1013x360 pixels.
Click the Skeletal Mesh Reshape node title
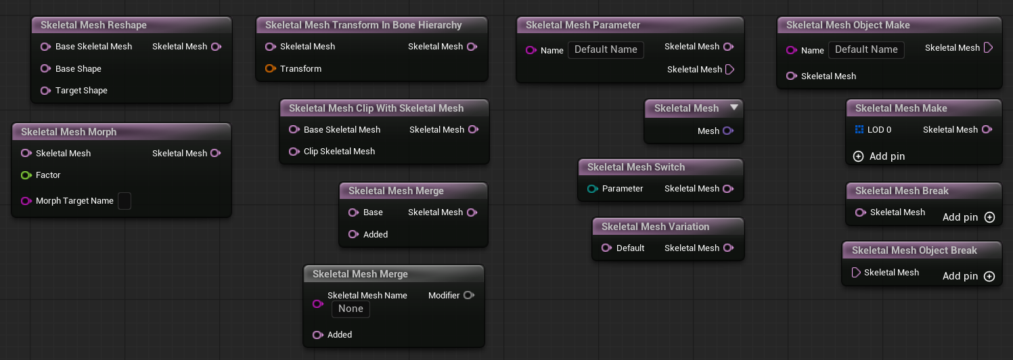[x=93, y=25]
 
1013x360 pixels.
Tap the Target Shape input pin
[x=45, y=91]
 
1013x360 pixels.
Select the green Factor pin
[x=26, y=175]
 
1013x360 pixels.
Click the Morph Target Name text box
[x=125, y=201]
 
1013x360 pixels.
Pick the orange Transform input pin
[x=271, y=69]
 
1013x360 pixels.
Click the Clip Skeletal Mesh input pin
[x=294, y=152]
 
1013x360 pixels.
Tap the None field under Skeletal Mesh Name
[x=351, y=309]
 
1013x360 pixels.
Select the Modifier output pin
[x=469, y=295]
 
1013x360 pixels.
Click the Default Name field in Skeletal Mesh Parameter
[x=606, y=50]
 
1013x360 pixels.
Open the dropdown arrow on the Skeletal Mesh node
[x=734, y=107]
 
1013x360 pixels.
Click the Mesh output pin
[x=728, y=131]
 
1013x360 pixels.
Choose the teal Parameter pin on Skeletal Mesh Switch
[x=592, y=189]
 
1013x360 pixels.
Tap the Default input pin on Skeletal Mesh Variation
[x=606, y=248]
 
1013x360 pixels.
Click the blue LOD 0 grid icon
[x=859, y=129]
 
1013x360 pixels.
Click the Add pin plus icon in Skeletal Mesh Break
[x=989, y=217]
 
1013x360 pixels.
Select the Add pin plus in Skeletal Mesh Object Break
[x=989, y=276]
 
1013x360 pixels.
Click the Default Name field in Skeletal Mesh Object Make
[x=866, y=50]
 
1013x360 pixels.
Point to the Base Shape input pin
[x=45, y=69]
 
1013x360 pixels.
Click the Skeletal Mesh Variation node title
[x=655, y=227]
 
